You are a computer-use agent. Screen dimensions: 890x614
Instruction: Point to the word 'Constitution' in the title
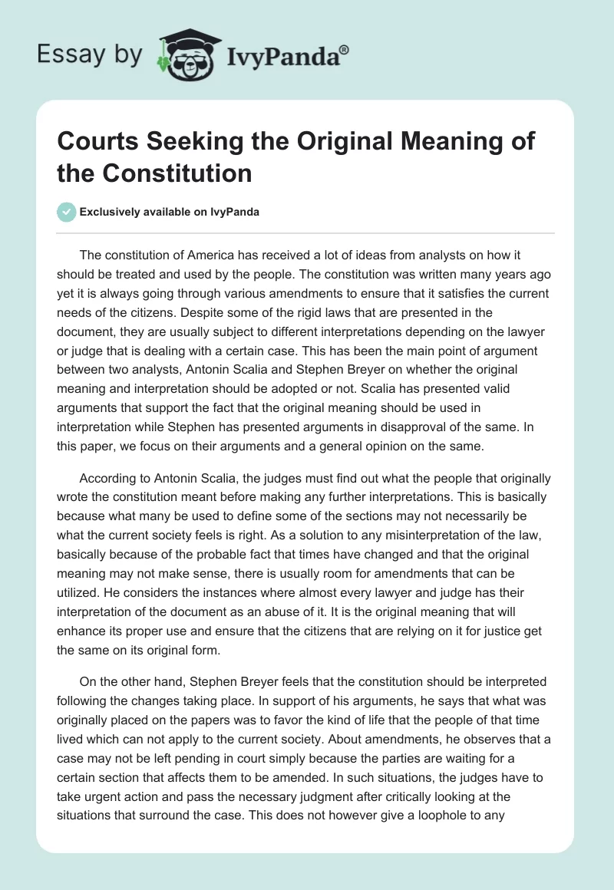coord(182,173)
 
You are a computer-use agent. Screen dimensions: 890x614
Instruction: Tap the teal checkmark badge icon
coord(66,212)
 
